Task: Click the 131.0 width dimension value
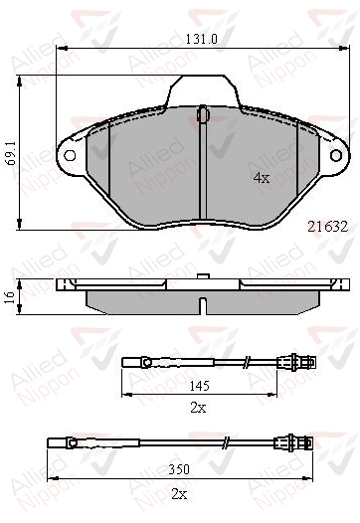coord(201,40)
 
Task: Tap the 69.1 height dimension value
coord(12,153)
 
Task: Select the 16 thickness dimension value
coord(10,296)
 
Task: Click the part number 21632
coord(327,227)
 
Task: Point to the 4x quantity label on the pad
coord(262,178)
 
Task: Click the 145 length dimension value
coord(200,386)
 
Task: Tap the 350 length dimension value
coord(179,469)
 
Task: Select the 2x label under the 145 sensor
coord(198,408)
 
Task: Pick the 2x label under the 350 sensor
coord(179,494)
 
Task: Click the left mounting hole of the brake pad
coord(70,155)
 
